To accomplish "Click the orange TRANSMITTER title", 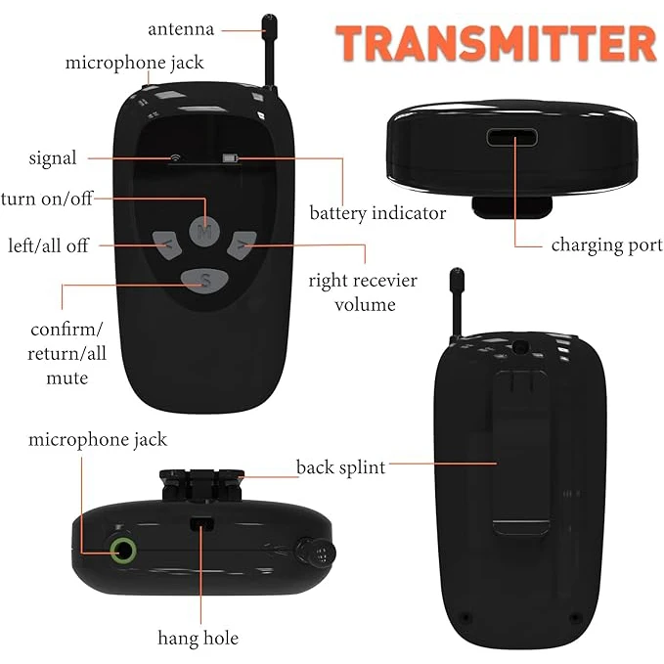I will coord(495,44).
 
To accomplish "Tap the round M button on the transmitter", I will coord(203,231).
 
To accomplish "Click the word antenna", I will coord(180,28).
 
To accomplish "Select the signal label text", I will coord(52,157).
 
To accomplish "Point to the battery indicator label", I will coord(377,212).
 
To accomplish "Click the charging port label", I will coord(606,244).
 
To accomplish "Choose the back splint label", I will coord(340,466).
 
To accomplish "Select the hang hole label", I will coord(199,638).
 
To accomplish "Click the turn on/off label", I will coord(46,199).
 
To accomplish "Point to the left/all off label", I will coord(48,244).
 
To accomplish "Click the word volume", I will coord(363,304).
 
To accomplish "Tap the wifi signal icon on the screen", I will coord(174,156).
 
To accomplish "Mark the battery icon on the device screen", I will coord(231,156).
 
